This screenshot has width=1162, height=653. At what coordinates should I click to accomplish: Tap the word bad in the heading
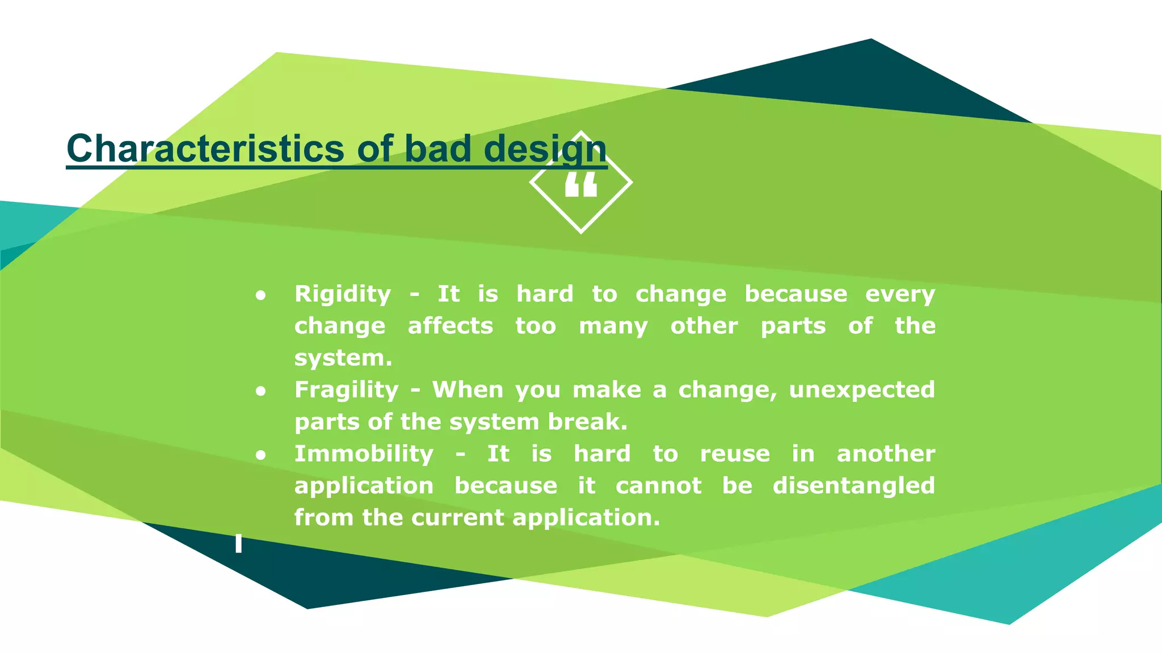tap(437, 149)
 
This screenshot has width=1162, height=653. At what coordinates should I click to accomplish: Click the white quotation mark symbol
tap(581, 185)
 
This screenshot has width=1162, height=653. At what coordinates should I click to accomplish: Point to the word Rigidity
tap(343, 294)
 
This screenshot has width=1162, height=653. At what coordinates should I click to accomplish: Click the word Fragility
tap(347, 390)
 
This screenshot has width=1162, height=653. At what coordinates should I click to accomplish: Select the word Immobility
tap(364, 453)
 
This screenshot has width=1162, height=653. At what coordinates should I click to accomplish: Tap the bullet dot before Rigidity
tap(260, 295)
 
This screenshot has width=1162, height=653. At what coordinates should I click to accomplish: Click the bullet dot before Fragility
tap(260, 391)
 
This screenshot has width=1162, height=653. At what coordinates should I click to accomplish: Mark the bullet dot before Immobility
tap(260, 455)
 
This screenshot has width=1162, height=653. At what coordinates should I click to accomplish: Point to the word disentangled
tap(853, 486)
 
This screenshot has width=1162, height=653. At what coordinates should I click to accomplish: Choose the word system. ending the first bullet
tap(343, 359)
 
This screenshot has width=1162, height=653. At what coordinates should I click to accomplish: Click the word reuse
tap(735, 454)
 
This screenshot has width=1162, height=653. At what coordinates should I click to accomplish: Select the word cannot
tap(658, 486)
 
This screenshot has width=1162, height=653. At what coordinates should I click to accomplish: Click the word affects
tap(450, 326)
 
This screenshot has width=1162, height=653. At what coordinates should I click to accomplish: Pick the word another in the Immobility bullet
tap(886, 453)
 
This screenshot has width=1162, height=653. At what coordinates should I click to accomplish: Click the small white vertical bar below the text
tap(239, 543)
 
